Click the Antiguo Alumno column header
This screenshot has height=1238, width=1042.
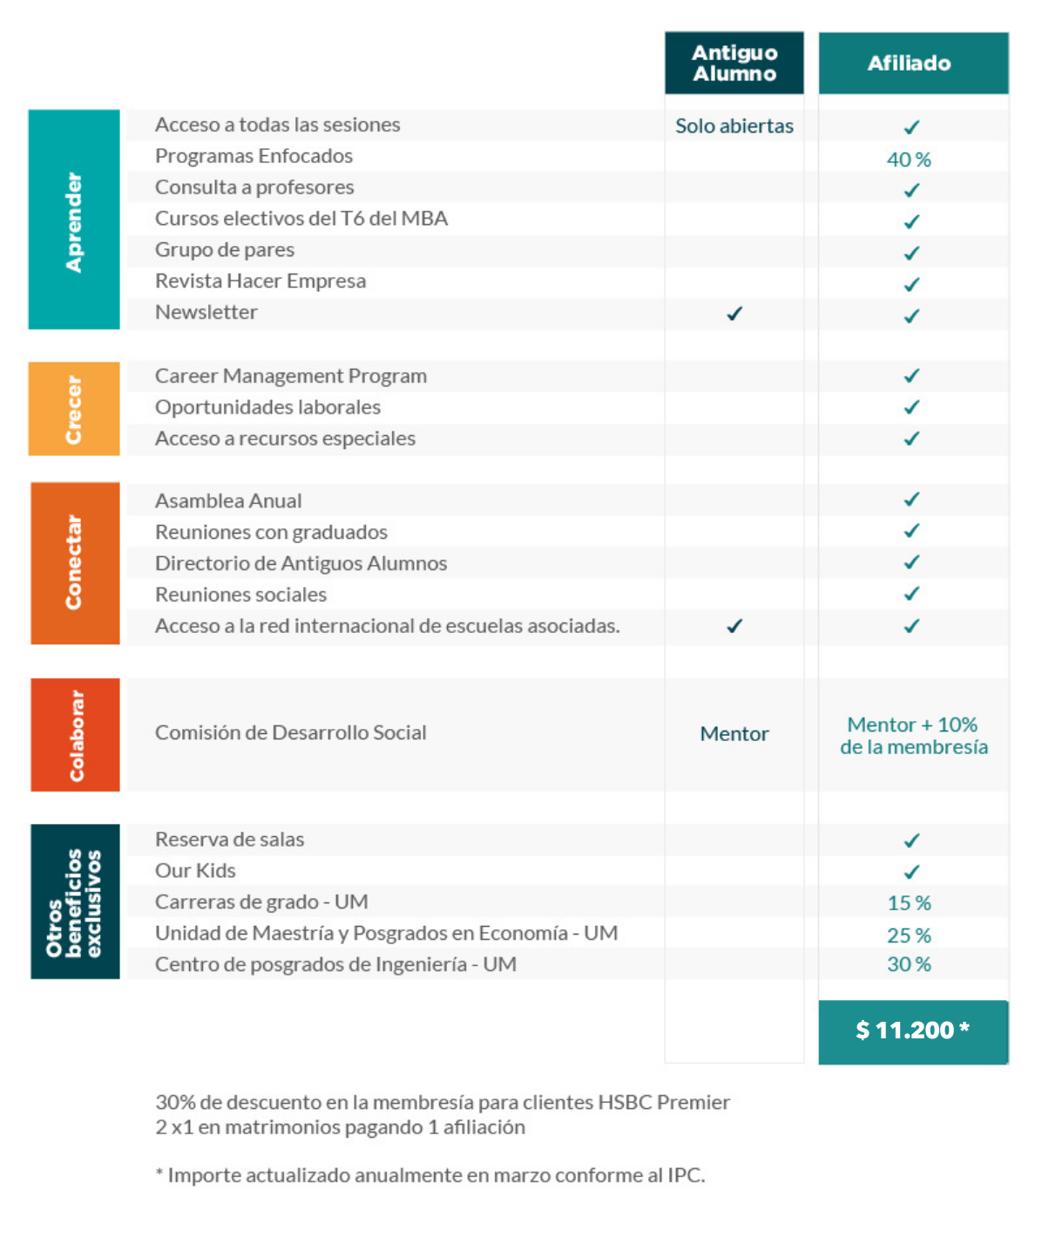tap(734, 63)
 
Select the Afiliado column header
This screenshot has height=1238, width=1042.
tap(912, 63)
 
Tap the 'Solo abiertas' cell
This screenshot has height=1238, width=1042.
tap(734, 126)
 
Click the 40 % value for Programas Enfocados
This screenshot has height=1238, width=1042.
tap(909, 160)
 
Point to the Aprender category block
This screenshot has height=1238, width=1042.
tap(74, 220)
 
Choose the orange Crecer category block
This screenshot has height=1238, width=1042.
tap(74, 409)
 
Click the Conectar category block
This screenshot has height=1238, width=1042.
tap(75, 563)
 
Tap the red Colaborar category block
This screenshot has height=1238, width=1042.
tap(75, 735)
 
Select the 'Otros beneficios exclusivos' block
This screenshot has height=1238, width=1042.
tap(75, 901)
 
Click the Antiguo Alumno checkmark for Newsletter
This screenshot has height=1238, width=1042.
tap(734, 313)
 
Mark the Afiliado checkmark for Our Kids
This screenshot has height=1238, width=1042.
tap(911, 872)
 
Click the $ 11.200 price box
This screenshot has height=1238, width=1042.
tap(912, 1031)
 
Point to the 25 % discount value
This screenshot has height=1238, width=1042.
tap(909, 935)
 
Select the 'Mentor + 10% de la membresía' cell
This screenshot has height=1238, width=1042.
tap(913, 736)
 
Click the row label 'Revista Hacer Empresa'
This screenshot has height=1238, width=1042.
tap(260, 281)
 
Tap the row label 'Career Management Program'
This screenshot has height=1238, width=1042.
tap(291, 376)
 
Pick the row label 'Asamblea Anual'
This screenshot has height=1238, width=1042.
tap(228, 500)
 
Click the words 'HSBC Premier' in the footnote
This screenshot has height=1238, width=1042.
tap(664, 1102)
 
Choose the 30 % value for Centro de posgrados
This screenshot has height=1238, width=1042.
tap(909, 964)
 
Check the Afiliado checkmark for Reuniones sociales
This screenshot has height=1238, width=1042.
tap(911, 594)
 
